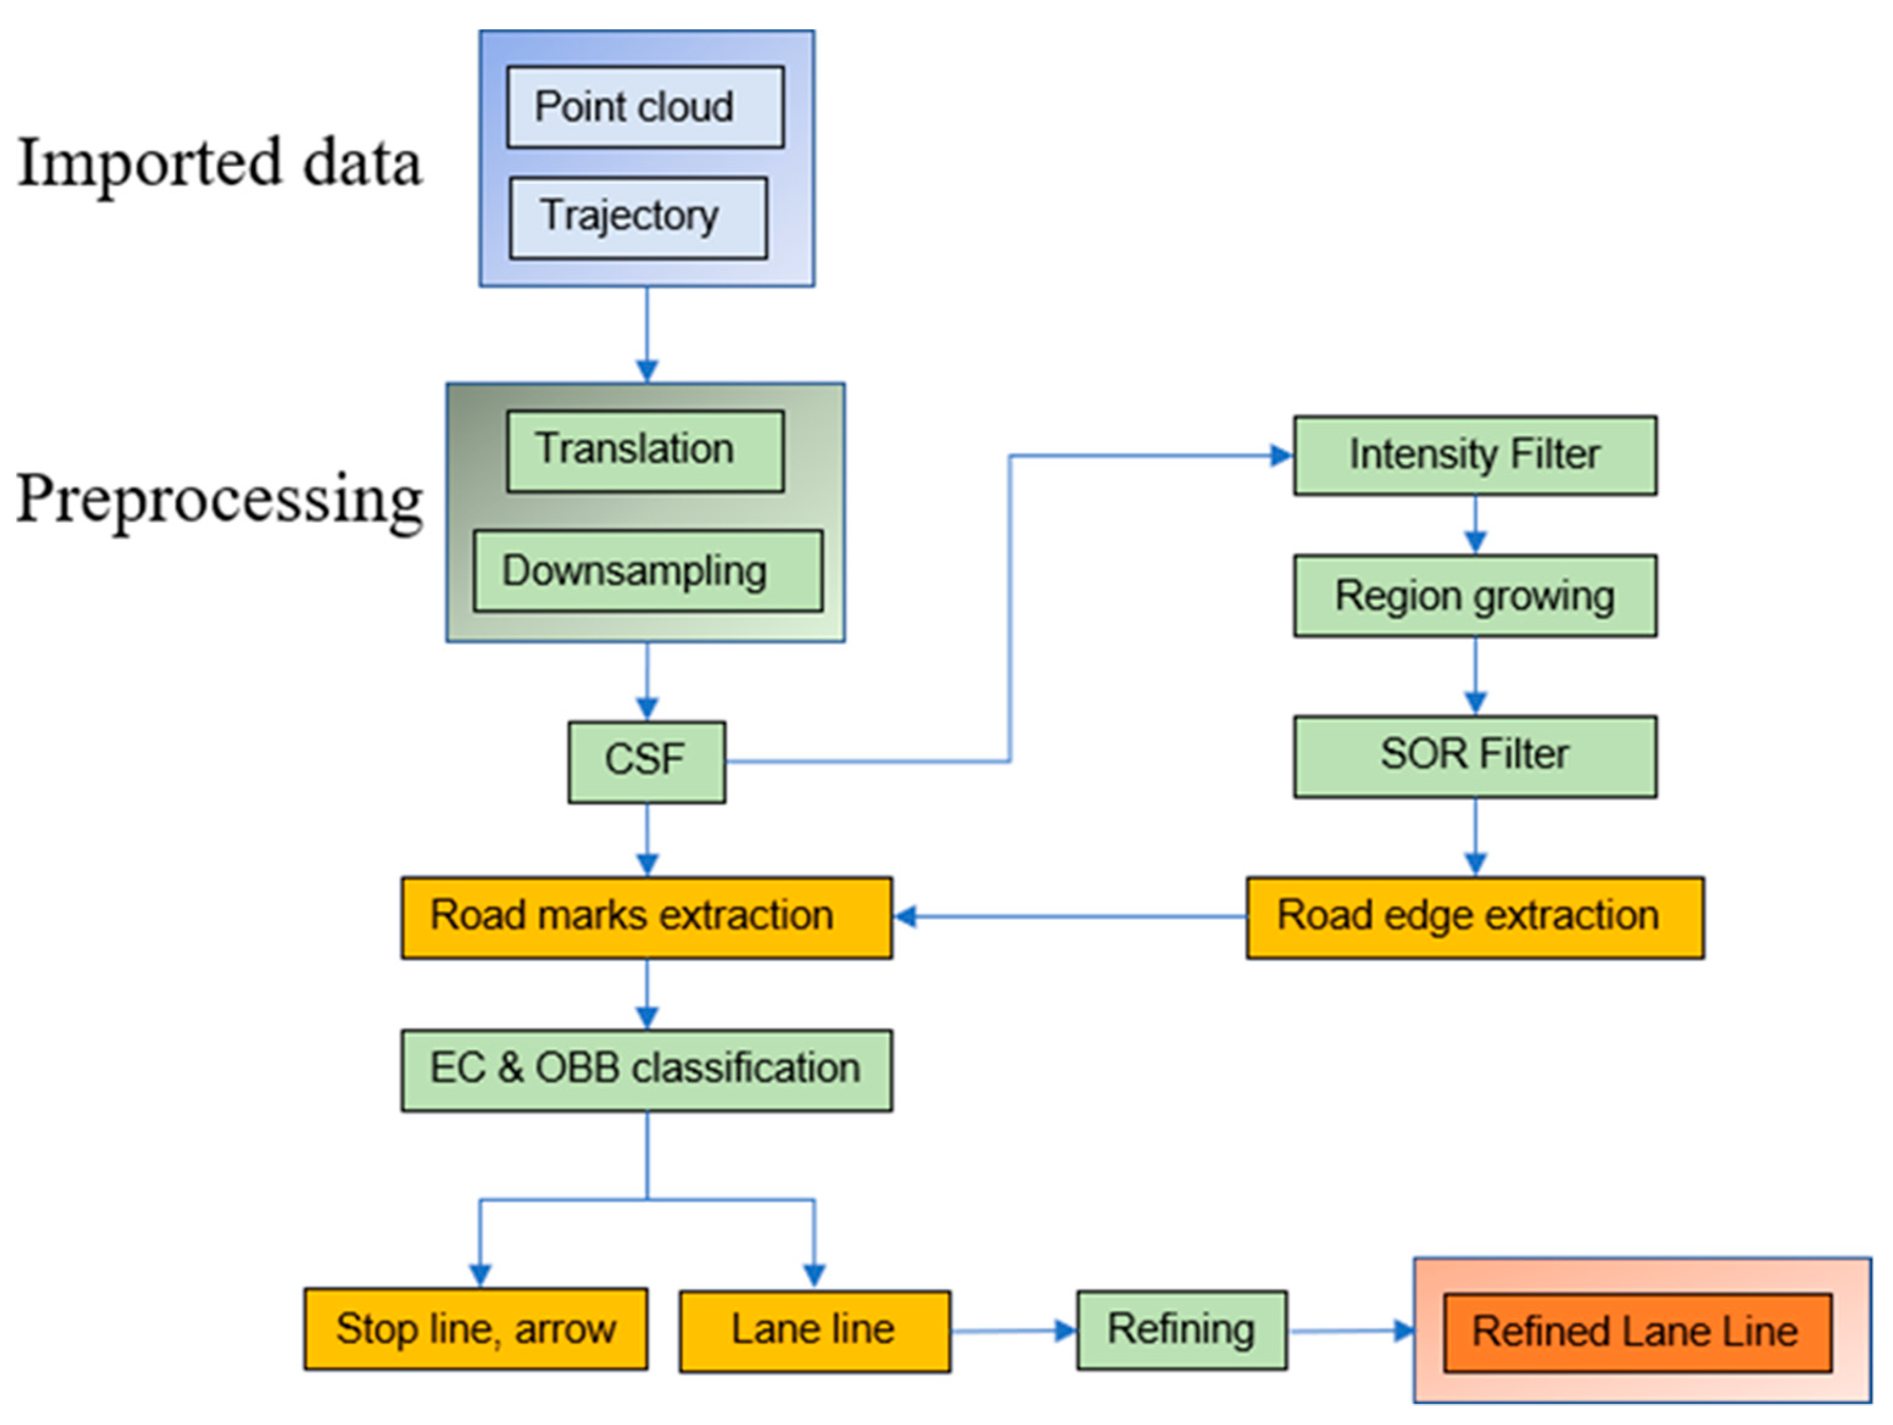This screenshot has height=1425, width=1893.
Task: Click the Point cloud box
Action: coord(645,107)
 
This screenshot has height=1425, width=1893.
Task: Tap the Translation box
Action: coord(645,451)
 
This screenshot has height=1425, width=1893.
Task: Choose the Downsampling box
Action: coord(648,571)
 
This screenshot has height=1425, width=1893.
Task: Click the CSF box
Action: coord(646,762)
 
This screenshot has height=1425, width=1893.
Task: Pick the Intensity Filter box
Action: coord(1474,455)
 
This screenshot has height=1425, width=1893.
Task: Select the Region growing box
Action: coord(1474,596)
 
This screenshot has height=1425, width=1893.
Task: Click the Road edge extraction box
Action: coord(1474,917)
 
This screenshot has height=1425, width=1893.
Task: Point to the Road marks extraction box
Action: coord(646,917)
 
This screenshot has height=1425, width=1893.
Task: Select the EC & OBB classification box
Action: coord(646,1070)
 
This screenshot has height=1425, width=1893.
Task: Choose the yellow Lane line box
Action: coord(814,1331)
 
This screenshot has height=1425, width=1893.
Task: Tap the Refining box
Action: coord(1180,1330)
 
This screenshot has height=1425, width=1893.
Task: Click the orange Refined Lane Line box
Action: coord(1636,1332)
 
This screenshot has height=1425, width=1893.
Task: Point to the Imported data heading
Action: coord(219,163)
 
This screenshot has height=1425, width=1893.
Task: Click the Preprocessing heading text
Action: coord(219,499)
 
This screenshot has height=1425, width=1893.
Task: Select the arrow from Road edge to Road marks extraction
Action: coord(1070,917)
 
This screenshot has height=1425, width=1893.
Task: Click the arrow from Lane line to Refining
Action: coord(1013,1331)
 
